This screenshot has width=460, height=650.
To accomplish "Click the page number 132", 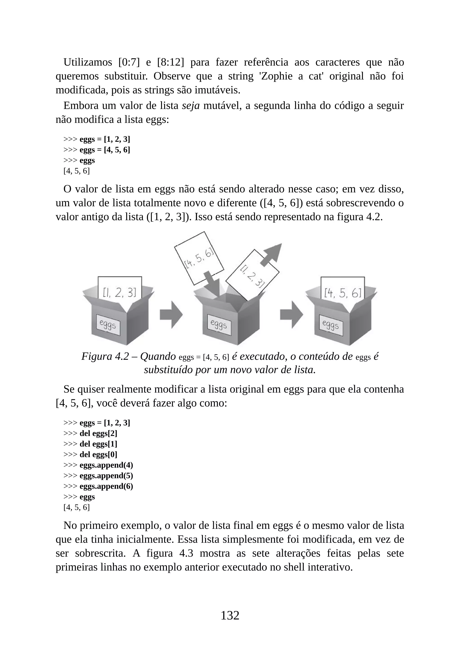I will pos(230,615).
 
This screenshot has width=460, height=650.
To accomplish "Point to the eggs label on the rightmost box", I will pos(331,325).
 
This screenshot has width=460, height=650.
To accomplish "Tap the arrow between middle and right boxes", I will pos(291,314).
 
